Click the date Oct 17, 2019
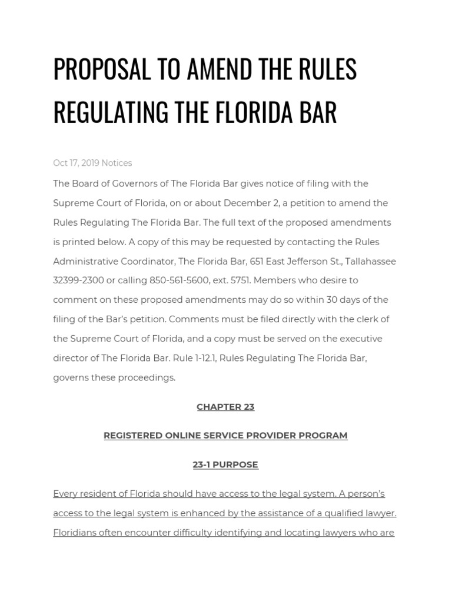[76, 163]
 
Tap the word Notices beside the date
[117, 163]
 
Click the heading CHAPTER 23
[225, 407]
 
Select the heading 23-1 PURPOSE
[225, 464]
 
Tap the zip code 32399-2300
[78, 280]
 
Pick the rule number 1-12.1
[230, 358]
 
